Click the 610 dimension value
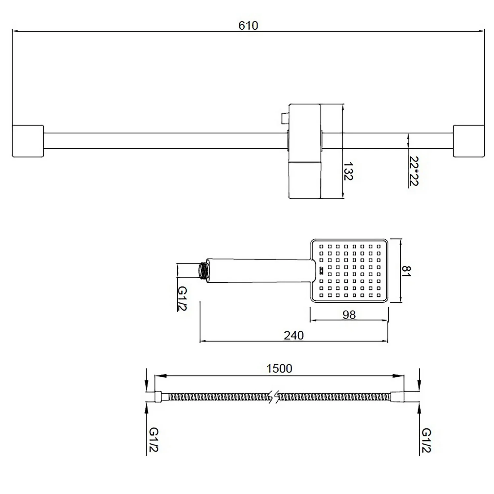click(248, 25)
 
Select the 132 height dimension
click(348, 171)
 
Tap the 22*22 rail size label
click(413, 171)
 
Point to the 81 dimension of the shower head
click(407, 271)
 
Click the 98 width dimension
click(349, 315)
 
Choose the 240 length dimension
click(293, 335)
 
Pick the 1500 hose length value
click(279, 369)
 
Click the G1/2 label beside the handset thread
click(182, 298)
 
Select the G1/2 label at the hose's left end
click(154, 440)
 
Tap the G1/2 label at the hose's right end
click(426, 440)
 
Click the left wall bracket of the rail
click(28, 141)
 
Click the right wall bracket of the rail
click(469, 141)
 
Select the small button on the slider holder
click(284, 118)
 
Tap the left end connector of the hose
click(158, 397)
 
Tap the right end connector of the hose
click(397, 397)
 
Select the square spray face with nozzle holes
click(349, 271)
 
